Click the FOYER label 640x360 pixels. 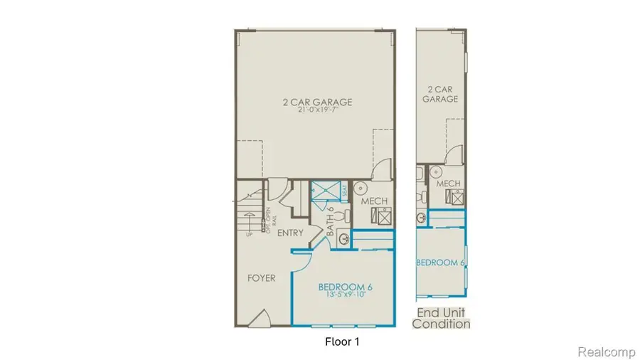tap(261, 278)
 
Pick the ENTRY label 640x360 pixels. tap(289, 233)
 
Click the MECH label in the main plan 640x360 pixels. tap(374, 201)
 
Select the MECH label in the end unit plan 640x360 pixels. tap(449, 184)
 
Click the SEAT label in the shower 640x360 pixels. tap(345, 190)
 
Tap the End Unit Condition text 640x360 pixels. tap(442, 318)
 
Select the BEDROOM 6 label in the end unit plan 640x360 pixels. tap(440, 263)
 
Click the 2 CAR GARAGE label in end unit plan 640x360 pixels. tap(440, 95)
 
